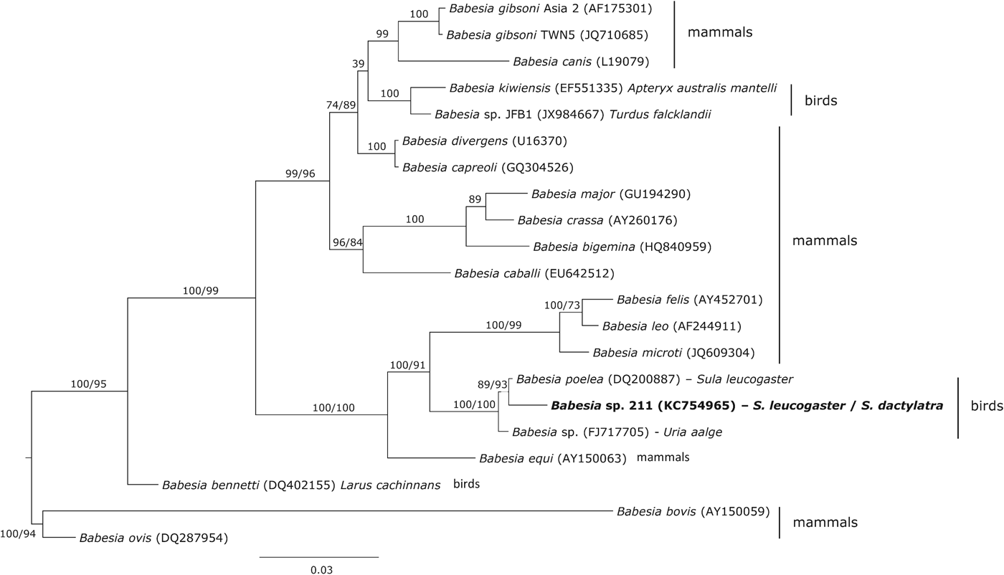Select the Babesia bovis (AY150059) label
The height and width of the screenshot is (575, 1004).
pyautogui.click(x=693, y=512)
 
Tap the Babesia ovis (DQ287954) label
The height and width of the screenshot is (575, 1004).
pyautogui.click(x=153, y=537)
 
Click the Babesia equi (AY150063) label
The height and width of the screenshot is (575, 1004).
pyautogui.click(x=553, y=458)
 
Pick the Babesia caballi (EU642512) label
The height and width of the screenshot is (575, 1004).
pyautogui.click(x=534, y=273)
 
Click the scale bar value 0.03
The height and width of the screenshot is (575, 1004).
pyautogui.click(x=321, y=570)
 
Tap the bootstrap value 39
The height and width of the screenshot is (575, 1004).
pyautogui.click(x=357, y=65)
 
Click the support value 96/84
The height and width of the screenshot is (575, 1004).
pyautogui.click(x=345, y=242)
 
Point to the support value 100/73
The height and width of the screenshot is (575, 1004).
pyautogui.click(x=562, y=306)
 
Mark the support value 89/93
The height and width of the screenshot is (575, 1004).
pyautogui.click(x=497, y=385)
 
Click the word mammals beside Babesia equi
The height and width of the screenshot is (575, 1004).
pyautogui.click(x=663, y=457)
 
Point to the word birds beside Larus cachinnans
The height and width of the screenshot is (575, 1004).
pyautogui.click(x=466, y=484)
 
